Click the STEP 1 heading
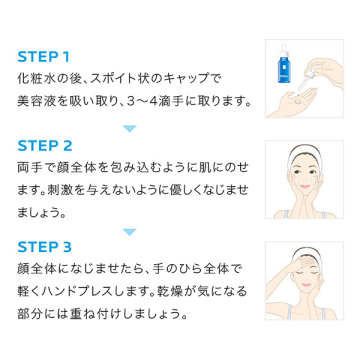pos(43,57)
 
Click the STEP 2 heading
pos(45,146)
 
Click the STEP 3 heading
pos(45,247)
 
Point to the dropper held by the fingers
pos(306,78)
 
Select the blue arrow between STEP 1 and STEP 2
pos(129,128)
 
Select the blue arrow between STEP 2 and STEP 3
pos(129,232)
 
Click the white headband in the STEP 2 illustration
pos(304,152)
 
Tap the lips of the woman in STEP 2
pos(304,187)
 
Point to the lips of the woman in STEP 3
pos(306,285)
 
